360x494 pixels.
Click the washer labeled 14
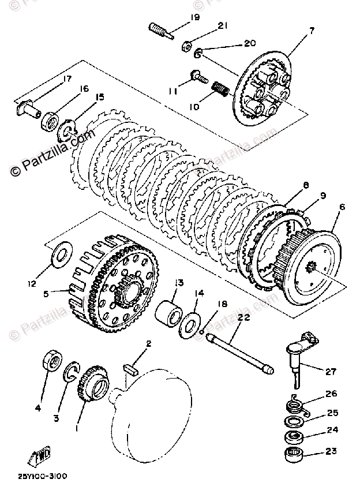(192, 324)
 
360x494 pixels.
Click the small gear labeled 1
(90, 388)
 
